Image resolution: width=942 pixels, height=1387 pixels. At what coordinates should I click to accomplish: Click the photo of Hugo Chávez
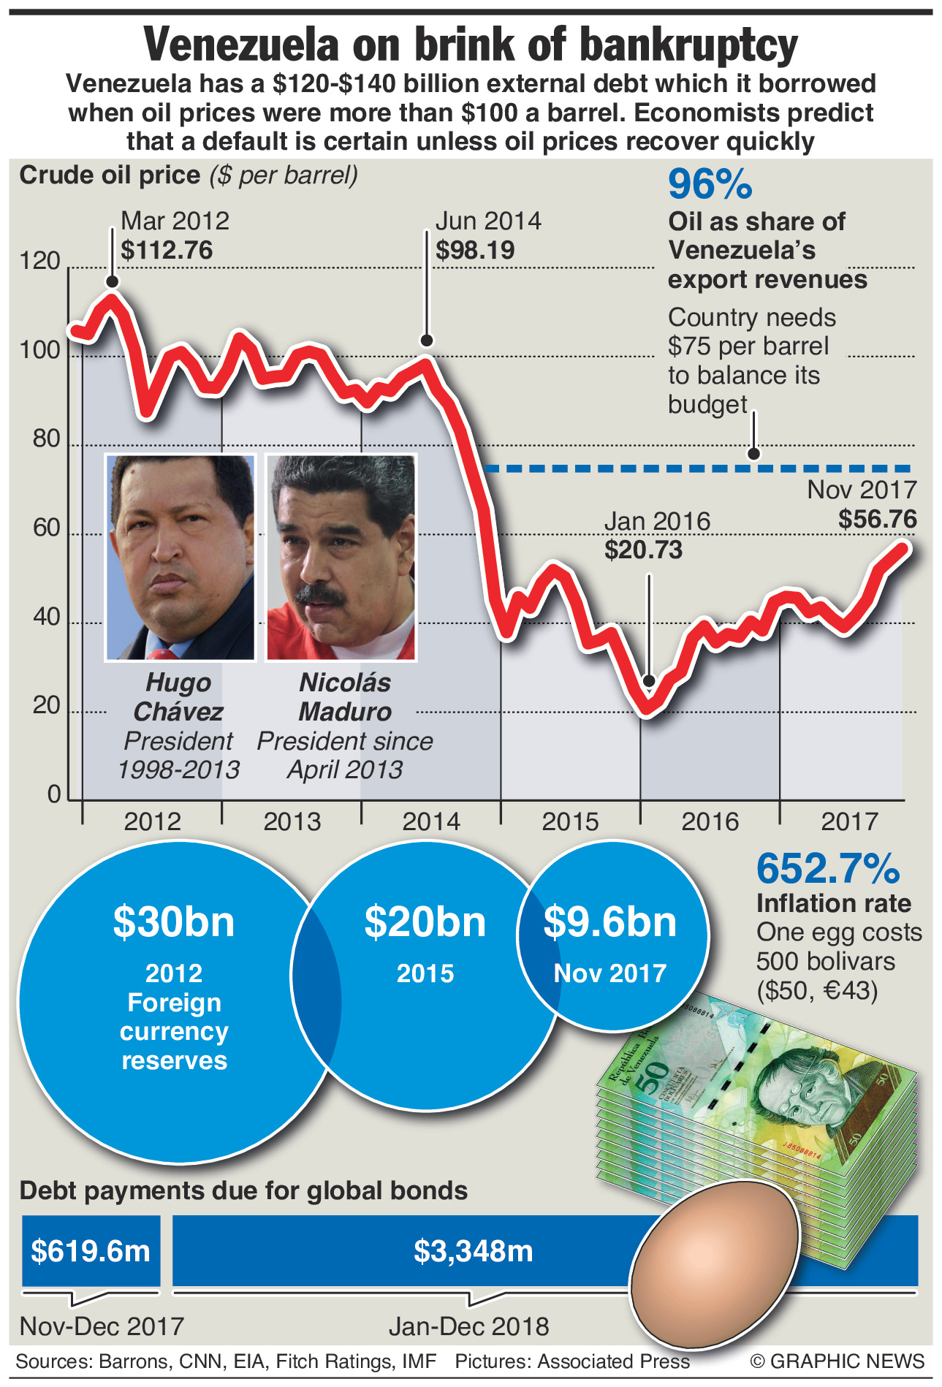point(181,558)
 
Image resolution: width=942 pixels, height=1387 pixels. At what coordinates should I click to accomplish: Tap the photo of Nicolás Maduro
point(341,558)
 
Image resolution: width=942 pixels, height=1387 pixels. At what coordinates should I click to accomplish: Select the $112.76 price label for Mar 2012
point(167,251)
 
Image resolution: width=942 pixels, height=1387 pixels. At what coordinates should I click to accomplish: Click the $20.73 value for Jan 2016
point(643,550)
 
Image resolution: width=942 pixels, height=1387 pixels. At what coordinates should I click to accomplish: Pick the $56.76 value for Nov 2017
point(877,520)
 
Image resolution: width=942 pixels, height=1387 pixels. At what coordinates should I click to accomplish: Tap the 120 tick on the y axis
point(40,261)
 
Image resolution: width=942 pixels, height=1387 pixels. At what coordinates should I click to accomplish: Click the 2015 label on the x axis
point(570,822)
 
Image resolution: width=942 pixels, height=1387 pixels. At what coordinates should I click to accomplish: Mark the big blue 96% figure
point(710,184)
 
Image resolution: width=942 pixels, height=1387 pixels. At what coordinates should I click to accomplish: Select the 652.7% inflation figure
point(828,869)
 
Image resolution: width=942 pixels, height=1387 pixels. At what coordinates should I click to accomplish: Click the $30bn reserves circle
point(174,1001)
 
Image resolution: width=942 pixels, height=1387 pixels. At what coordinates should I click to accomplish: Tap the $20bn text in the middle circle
point(425,922)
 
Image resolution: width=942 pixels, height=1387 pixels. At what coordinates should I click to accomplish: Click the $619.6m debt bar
point(91,1251)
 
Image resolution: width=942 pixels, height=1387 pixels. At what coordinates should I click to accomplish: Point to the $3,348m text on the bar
point(474,1251)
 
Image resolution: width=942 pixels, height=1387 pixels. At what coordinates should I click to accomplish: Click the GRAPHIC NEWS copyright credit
point(837,1361)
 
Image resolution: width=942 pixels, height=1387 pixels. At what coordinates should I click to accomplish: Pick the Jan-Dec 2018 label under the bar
point(468,1326)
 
